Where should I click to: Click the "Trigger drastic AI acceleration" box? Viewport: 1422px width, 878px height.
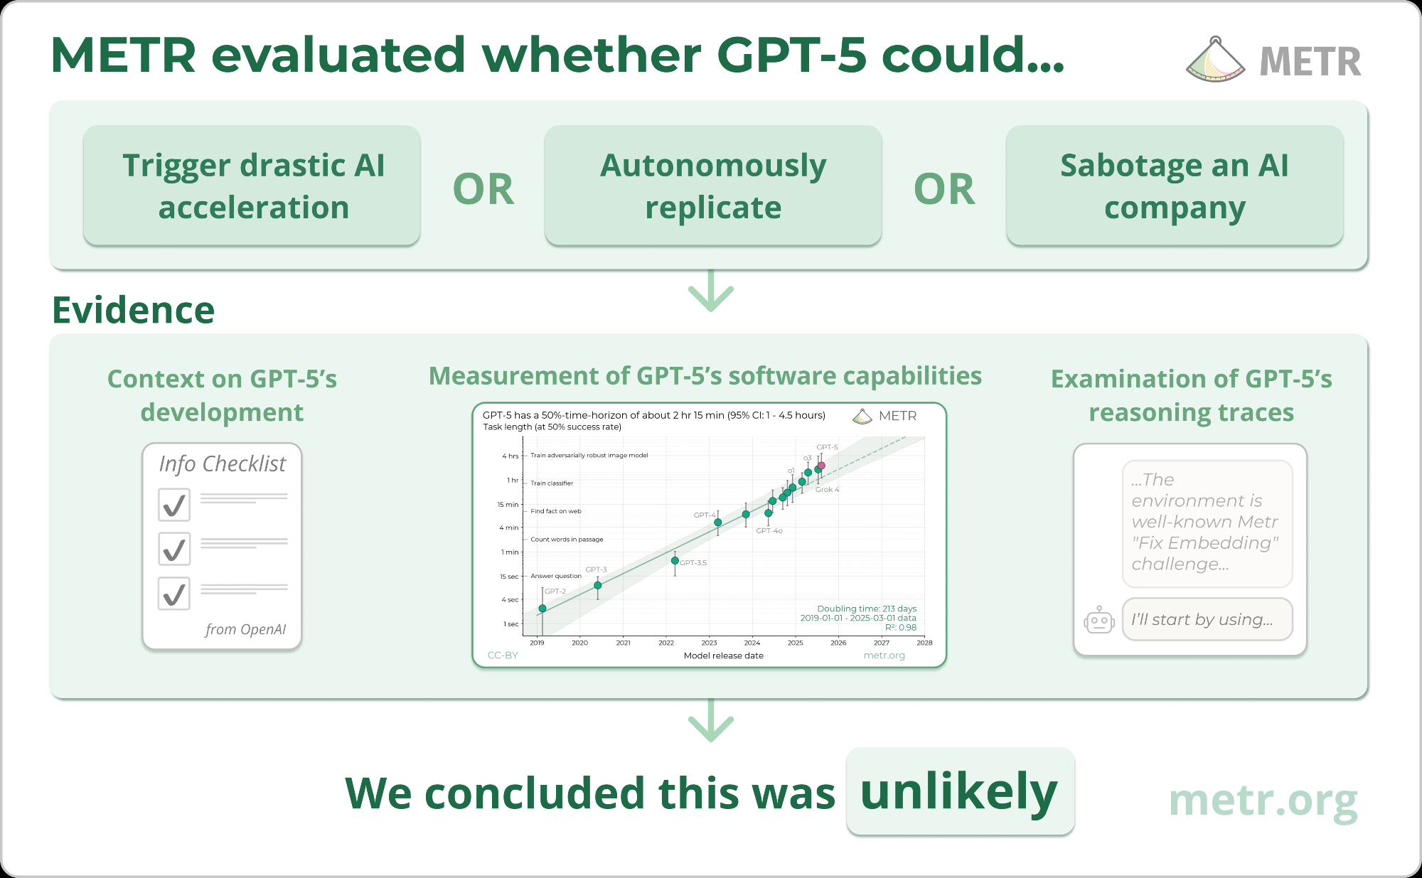tap(252, 186)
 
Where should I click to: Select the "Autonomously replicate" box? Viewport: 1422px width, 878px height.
tap(713, 186)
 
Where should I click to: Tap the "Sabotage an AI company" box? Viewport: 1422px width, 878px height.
tap(1175, 186)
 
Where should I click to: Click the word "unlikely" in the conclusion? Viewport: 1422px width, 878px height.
tap(959, 791)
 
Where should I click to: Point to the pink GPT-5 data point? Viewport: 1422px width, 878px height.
tap(821, 466)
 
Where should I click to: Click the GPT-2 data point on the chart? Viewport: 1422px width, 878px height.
tap(542, 609)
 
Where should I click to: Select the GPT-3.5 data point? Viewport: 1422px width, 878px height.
tap(675, 561)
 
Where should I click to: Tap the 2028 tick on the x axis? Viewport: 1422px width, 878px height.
tap(924, 643)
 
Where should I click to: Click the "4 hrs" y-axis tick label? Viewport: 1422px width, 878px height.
tap(510, 456)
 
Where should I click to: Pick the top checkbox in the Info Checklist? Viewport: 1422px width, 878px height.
tap(174, 505)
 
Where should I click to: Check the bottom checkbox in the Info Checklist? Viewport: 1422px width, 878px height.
tap(174, 594)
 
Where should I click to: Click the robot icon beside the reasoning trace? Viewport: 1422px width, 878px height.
tap(1099, 620)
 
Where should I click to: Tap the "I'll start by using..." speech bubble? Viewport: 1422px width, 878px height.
tap(1207, 619)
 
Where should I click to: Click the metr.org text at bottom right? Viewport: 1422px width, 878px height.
tap(1263, 801)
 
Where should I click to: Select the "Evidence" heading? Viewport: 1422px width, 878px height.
tap(133, 310)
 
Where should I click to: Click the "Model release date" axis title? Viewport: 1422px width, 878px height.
tap(724, 655)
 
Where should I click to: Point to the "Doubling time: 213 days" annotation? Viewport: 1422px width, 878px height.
tap(867, 609)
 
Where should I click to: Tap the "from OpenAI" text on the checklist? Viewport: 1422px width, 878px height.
tap(246, 629)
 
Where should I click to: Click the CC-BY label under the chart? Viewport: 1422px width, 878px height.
tap(503, 655)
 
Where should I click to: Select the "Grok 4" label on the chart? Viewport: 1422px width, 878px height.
tap(827, 490)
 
